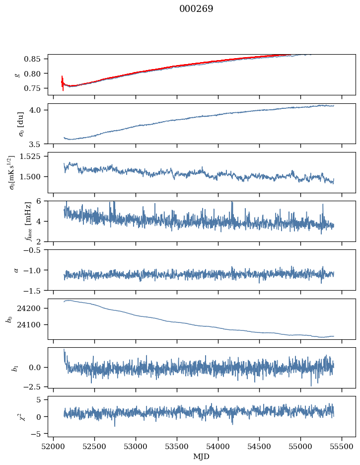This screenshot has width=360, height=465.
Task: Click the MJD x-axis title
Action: coord(201,457)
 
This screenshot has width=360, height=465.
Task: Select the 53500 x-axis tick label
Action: coord(177,446)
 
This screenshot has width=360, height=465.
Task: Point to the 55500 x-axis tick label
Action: coord(342,446)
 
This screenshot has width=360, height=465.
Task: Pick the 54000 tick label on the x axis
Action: coord(218,446)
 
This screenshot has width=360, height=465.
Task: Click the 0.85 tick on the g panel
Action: coord(36,59)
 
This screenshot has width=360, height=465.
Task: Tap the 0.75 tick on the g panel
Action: coord(36,88)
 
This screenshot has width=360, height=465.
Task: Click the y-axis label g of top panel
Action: coord(18,75)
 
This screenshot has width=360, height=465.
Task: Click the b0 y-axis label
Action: coord(8,318)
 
